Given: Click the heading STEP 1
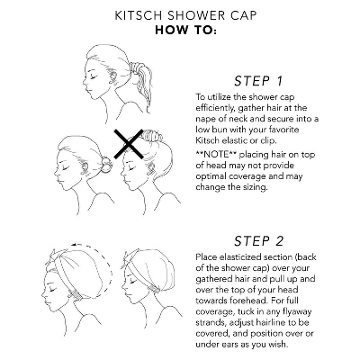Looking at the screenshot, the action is [258, 81].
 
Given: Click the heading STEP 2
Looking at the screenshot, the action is [258, 241].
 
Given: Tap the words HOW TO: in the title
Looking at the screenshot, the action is [185, 31].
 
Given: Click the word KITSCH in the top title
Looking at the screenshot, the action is [136, 15].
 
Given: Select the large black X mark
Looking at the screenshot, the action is [129, 144].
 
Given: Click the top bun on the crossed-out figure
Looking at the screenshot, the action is [152, 137].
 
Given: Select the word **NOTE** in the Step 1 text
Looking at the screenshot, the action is [216, 155].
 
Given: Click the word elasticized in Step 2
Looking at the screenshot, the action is [240, 257].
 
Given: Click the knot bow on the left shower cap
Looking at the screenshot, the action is [57, 255].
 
